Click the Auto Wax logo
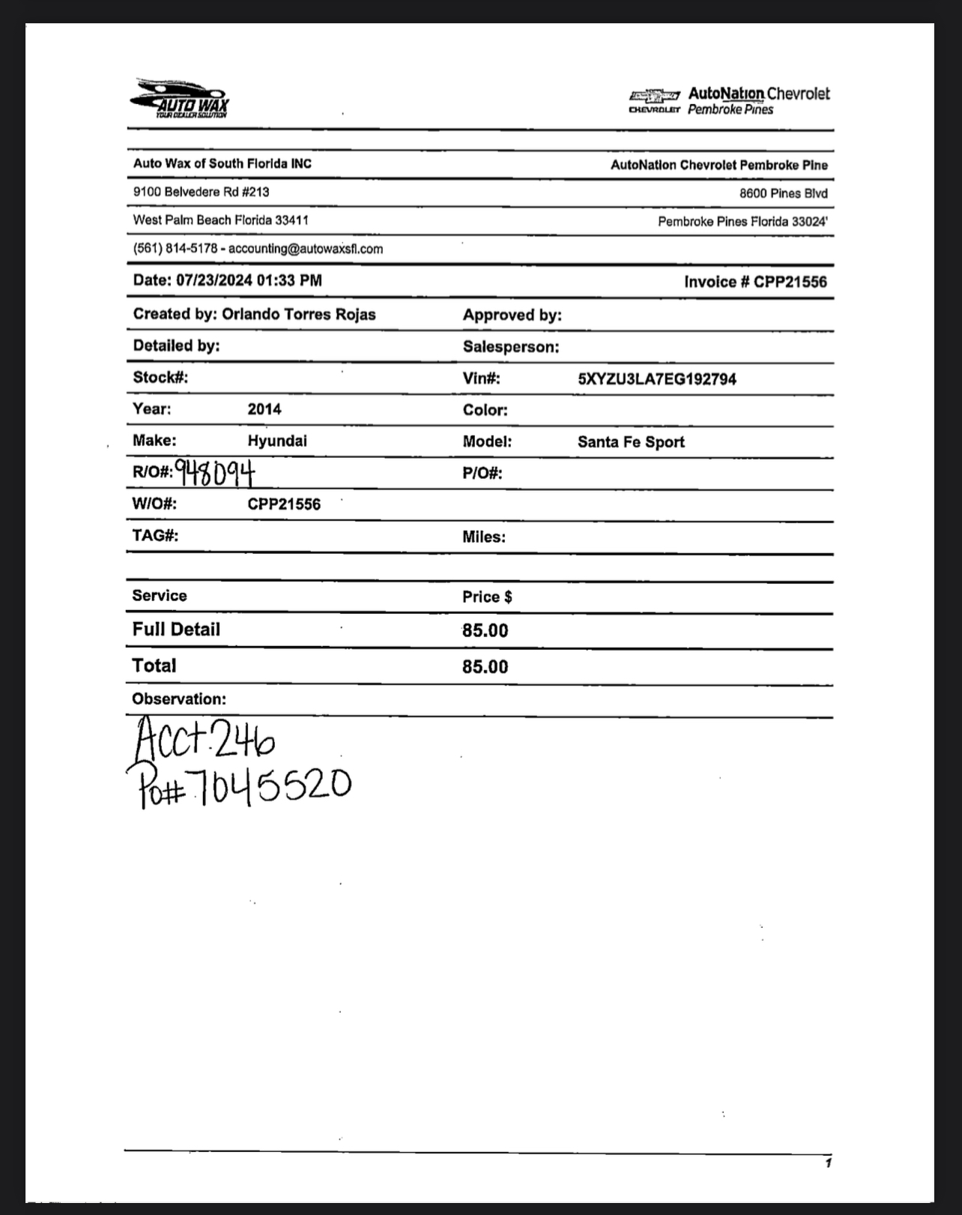(x=180, y=98)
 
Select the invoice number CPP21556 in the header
(x=790, y=282)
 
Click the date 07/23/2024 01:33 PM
(x=249, y=280)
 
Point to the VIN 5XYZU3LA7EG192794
(x=656, y=379)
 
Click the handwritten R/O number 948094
(x=215, y=472)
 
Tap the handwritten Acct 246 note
(x=205, y=739)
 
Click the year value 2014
(x=264, y=409)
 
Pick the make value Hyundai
(x=277, y=441)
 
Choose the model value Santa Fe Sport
(x=631, y=442)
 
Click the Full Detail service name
(x=176, y=630)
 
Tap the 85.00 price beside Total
(x=485, y=667)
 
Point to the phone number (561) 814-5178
(x=175, y=249)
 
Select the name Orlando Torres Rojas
(x=298, y=314)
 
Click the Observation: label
(x=179, y=699)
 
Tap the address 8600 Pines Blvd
(x=783, y=193)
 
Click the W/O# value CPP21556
(x=284, y=504)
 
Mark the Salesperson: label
(x=510, y=347)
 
